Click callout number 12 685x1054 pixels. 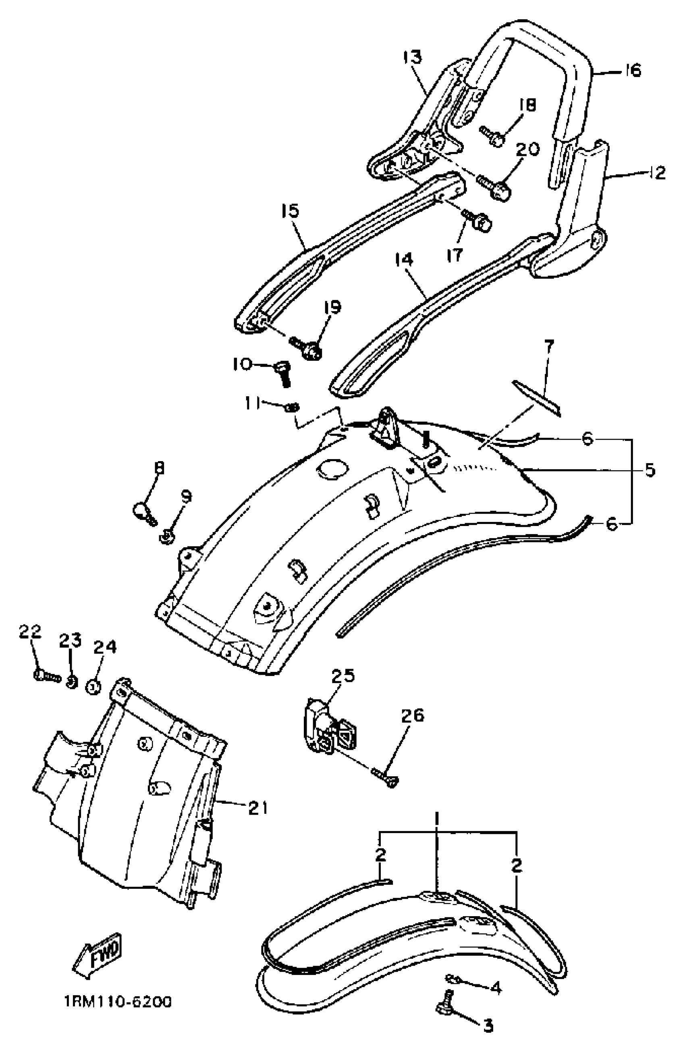point(657,173)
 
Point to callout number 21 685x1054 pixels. point(258,808)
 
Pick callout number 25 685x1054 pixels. point(343,676)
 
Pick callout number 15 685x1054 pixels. point(291,211)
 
